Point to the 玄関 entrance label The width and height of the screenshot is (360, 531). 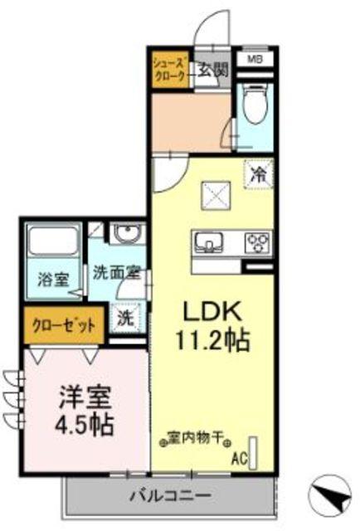click(x=212, y=71)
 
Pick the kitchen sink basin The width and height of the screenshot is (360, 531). click(x=209, y=242)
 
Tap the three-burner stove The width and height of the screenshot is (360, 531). click(x=256, y=242)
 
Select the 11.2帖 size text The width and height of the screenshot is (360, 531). click(x=212, y=340)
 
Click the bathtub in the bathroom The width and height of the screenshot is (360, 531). click(x=52, y=244)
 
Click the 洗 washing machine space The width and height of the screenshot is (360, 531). click(x=124, y=316)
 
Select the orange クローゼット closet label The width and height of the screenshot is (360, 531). click(x=64, y=325)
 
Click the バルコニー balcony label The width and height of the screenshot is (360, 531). click(x=169, y=496)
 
